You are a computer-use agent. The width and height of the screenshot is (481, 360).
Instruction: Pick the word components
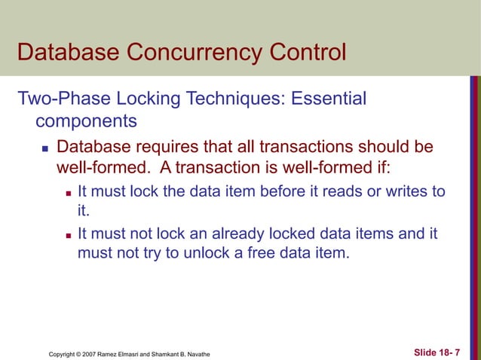86,121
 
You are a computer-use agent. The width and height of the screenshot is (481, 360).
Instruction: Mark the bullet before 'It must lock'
67,192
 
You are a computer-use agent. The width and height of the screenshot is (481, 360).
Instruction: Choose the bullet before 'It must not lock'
67,236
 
